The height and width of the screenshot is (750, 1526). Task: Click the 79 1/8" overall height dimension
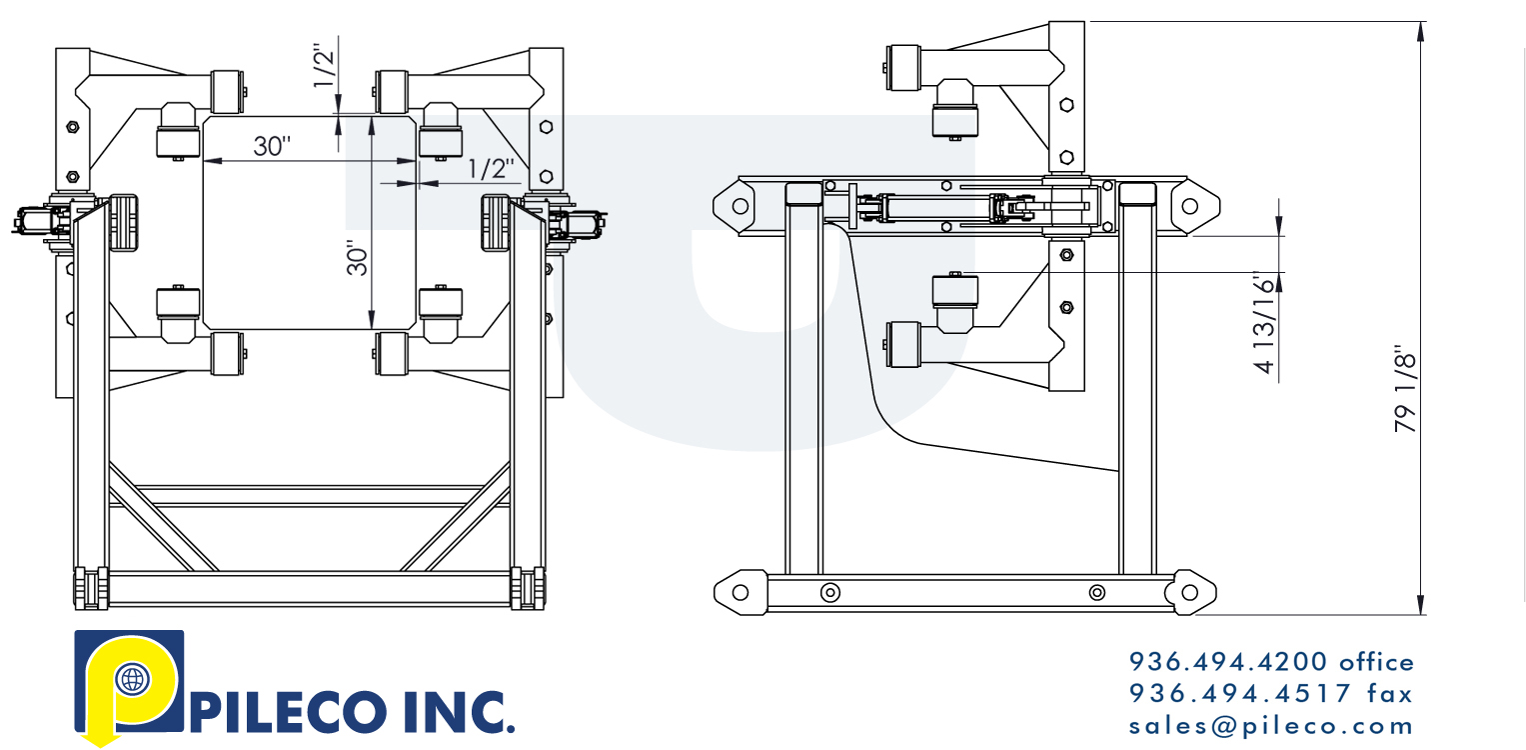[1406, 390]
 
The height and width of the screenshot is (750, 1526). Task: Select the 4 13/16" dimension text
[1266, 322]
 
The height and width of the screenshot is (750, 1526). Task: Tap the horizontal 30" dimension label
[271, 146]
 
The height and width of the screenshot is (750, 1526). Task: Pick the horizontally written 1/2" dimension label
[492, 169]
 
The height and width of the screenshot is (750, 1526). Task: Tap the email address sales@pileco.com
[1272, 725]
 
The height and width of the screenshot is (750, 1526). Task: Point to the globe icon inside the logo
[130, 680]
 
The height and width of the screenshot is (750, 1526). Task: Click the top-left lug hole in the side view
[740, 206]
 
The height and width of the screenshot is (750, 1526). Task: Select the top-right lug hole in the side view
[1189, 206]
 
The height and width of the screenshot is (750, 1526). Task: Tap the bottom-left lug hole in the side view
[740, 592]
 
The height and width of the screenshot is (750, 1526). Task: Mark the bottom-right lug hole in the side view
[1188, 592]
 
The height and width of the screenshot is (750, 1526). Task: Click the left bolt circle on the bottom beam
[829, 592]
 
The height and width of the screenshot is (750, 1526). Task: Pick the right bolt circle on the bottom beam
[1097, 592]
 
